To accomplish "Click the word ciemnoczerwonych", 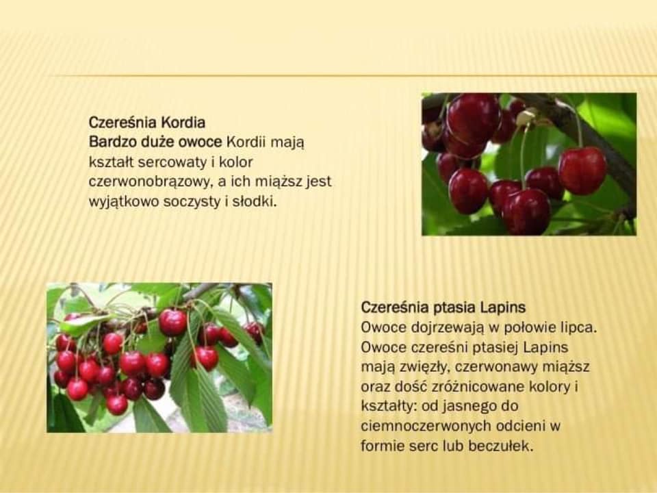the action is (426, 426).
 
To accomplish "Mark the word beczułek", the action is (501, 445).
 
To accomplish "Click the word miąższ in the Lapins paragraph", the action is (566, 367).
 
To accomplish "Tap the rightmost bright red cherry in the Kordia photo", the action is (582, 170).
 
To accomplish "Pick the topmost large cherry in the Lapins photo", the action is (172, 323).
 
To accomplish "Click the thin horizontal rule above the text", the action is (352, 76).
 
